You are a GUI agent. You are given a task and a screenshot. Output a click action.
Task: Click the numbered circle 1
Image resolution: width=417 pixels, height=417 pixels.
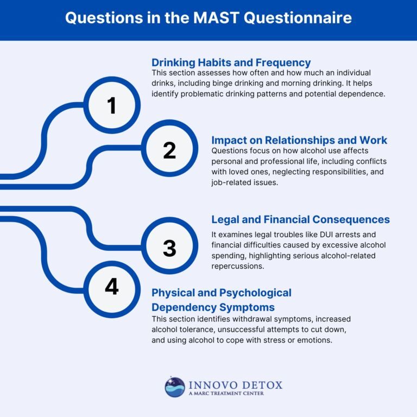[112, 105]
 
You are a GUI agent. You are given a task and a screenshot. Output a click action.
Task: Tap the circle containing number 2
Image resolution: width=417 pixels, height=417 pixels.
[169, 150]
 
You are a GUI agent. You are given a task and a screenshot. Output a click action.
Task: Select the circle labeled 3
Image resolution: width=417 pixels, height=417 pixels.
[169, 248]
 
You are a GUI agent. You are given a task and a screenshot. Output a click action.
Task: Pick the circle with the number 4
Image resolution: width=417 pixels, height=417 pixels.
[112, 286]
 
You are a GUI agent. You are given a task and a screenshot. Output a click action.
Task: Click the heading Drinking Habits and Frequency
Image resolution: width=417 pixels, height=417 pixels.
[231, 62]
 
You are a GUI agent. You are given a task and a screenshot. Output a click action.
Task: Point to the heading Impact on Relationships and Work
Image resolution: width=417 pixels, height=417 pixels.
[299, 140]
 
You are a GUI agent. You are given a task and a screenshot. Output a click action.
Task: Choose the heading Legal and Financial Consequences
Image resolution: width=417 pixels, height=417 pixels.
[300, 219]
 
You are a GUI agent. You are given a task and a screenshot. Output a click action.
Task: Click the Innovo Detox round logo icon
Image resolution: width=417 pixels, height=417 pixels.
[175, 387]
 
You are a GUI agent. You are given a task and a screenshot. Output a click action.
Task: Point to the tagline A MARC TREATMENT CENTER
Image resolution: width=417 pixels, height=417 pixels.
[226, 394]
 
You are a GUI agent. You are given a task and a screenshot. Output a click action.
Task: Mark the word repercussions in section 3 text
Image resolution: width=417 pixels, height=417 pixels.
[238, 266]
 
